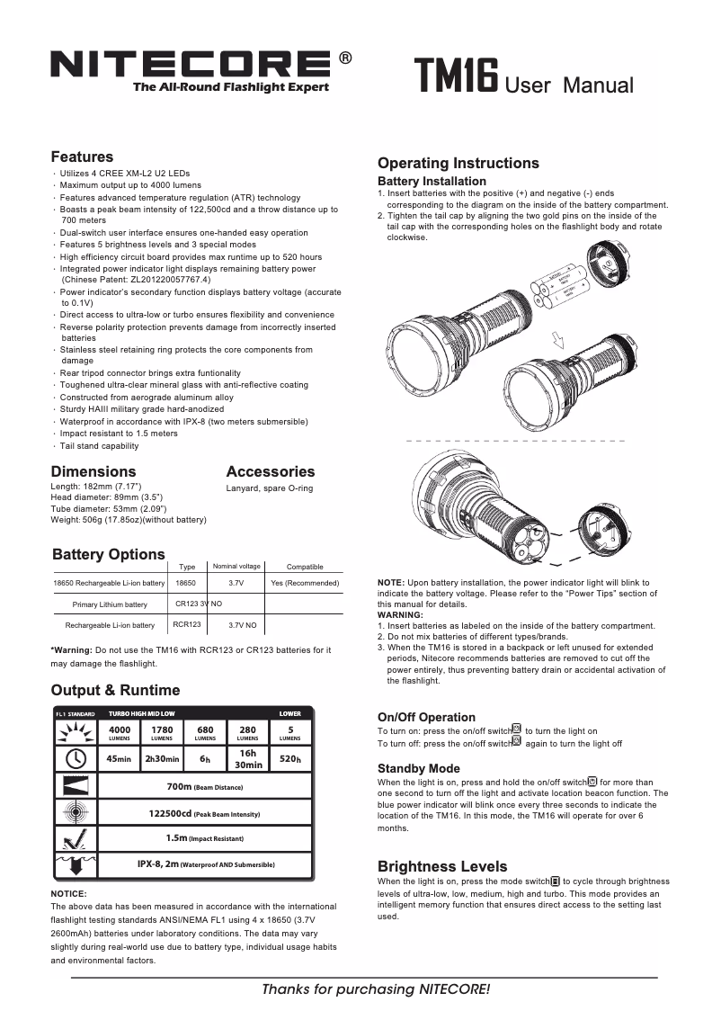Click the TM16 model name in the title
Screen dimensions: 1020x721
456,78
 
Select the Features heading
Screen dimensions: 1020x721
82,157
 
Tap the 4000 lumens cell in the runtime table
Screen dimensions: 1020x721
120,732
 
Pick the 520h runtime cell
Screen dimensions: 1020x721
289,758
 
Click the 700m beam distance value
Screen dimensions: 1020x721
205,786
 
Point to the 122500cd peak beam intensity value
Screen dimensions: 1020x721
205,813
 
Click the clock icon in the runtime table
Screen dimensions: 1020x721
75,758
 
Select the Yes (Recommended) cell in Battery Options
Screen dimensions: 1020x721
305,583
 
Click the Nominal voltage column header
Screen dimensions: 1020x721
236,567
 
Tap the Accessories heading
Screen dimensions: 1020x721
271,471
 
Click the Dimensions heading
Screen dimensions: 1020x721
93,471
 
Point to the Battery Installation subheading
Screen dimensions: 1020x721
432,181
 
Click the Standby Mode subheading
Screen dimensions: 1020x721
418,768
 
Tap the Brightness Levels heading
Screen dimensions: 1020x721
442,866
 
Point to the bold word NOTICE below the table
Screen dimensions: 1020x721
68,893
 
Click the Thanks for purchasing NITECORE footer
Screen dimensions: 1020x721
376,989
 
